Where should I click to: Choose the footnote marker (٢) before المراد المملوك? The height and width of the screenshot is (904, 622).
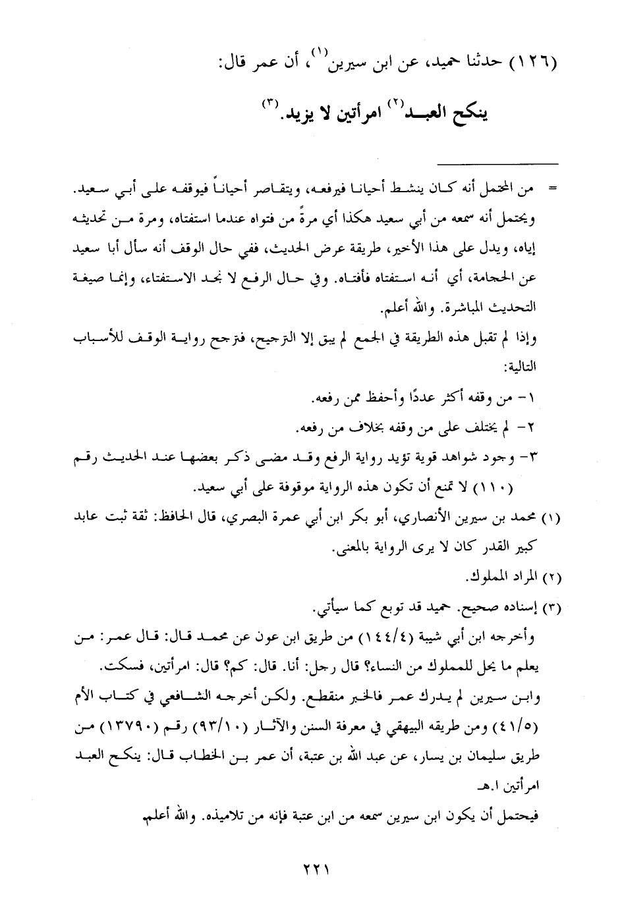coord(551,578)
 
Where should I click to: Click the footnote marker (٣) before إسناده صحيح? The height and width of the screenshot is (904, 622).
coord(551,606)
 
